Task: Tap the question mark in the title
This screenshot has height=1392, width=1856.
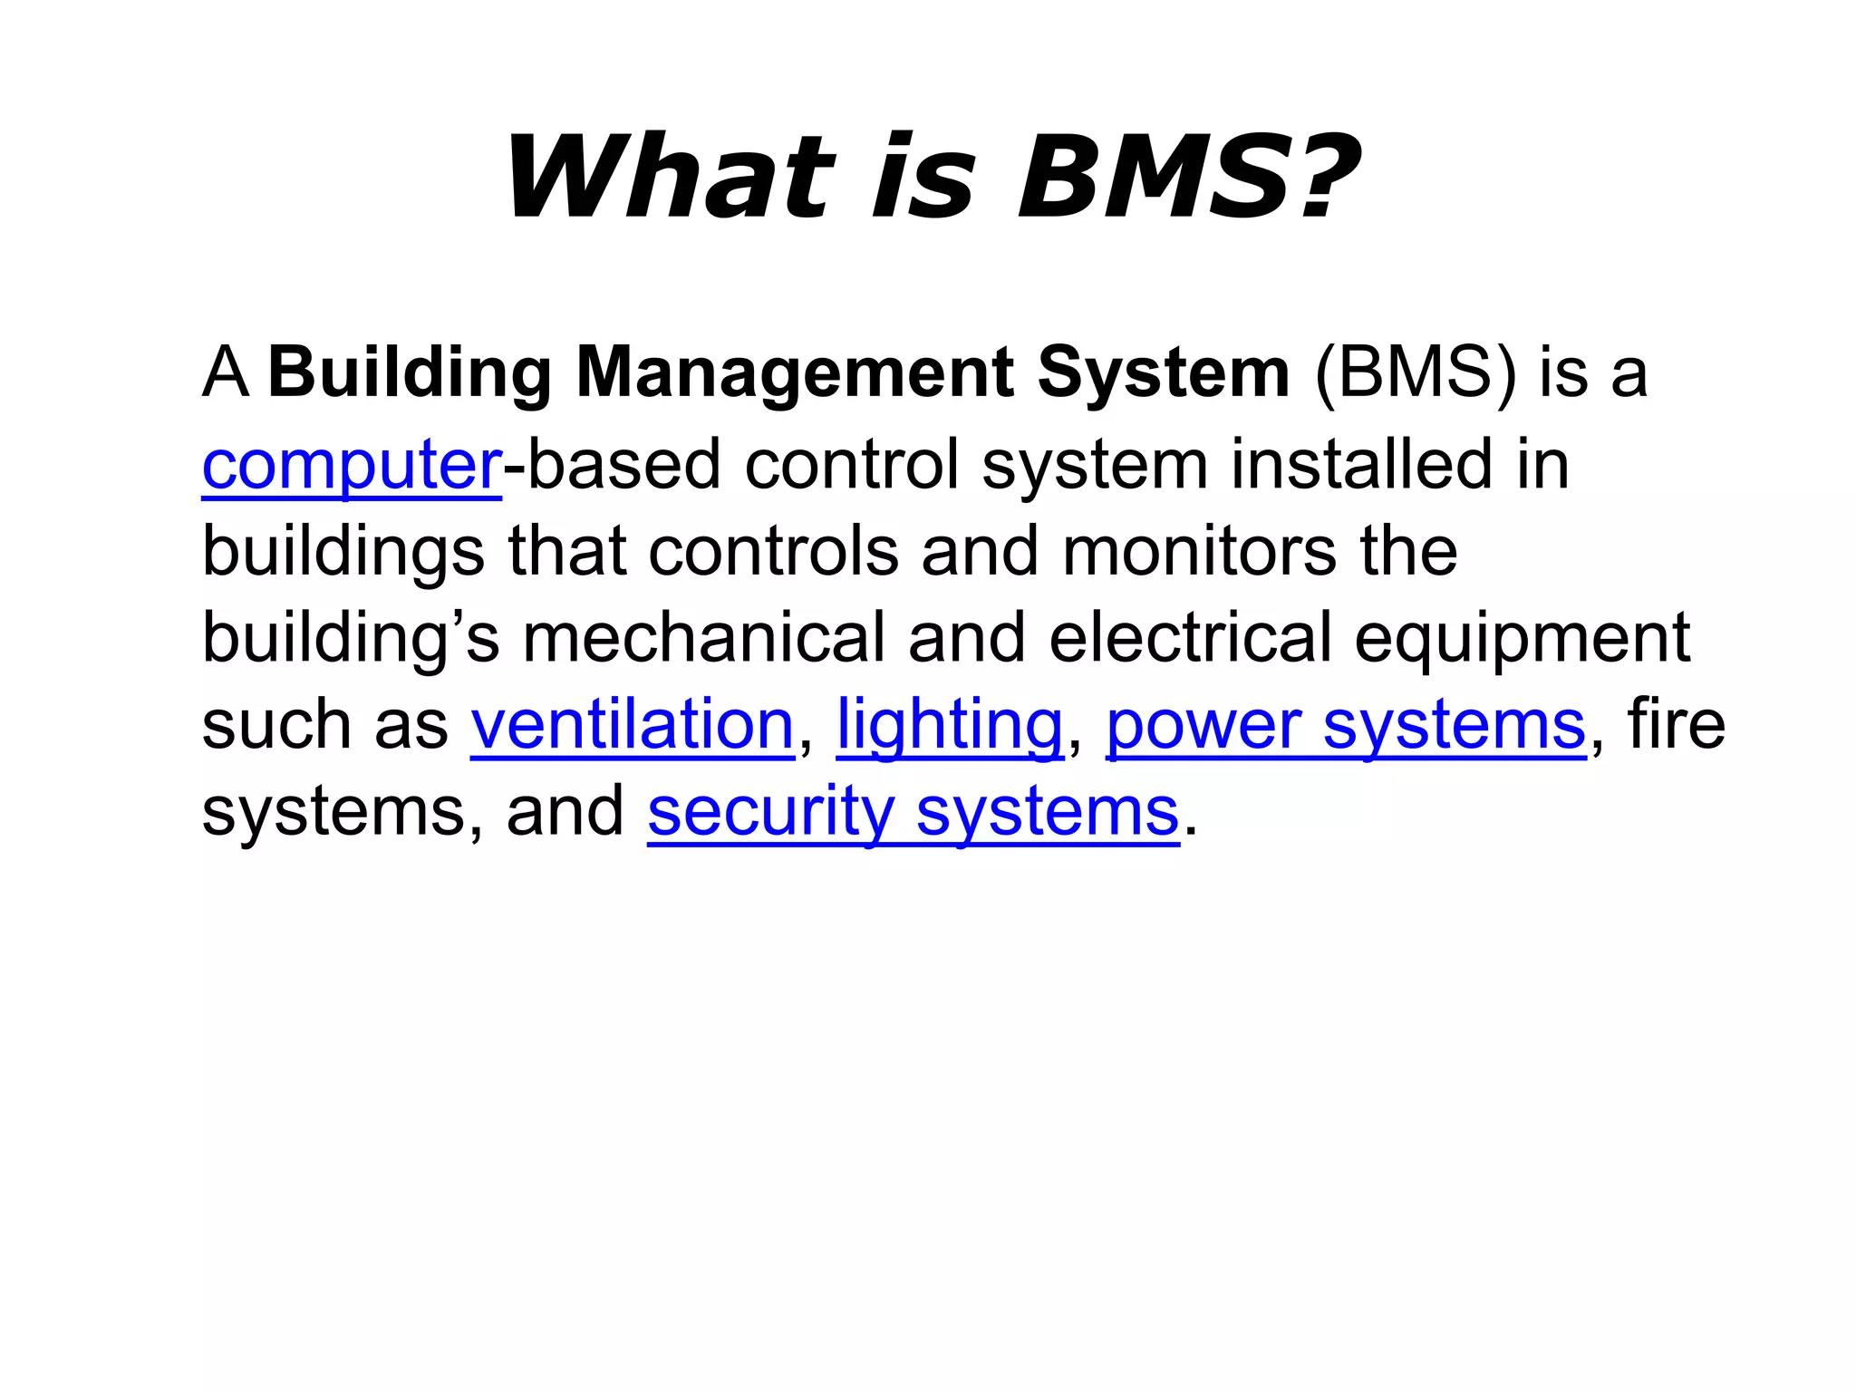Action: tap(1329, 178)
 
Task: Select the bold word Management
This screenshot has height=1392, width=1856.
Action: tap(795, 372)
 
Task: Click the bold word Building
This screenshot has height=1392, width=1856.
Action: tap(410, 372)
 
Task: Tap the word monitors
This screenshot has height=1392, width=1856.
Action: tap(1198, 551)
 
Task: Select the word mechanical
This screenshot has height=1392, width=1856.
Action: tap(703, 637)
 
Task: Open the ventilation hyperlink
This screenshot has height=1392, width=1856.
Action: tap(632, 725)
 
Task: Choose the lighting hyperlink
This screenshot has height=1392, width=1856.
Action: tap(949, 725)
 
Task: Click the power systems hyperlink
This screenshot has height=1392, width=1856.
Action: tap(1346, 725)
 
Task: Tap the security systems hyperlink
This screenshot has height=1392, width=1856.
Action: tap(913, 812)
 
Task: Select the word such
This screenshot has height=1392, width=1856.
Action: tap(276, 725)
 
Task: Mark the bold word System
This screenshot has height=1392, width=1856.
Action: tap(1163, 372)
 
